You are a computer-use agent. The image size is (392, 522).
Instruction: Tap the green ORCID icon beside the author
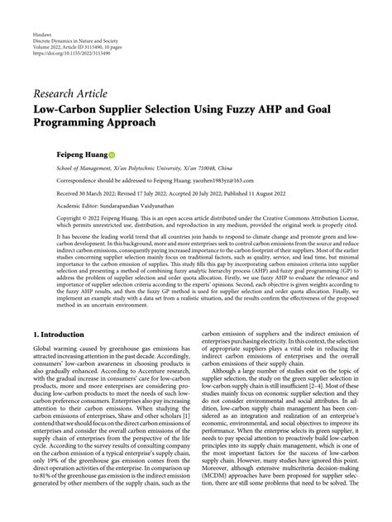(112, 154)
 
